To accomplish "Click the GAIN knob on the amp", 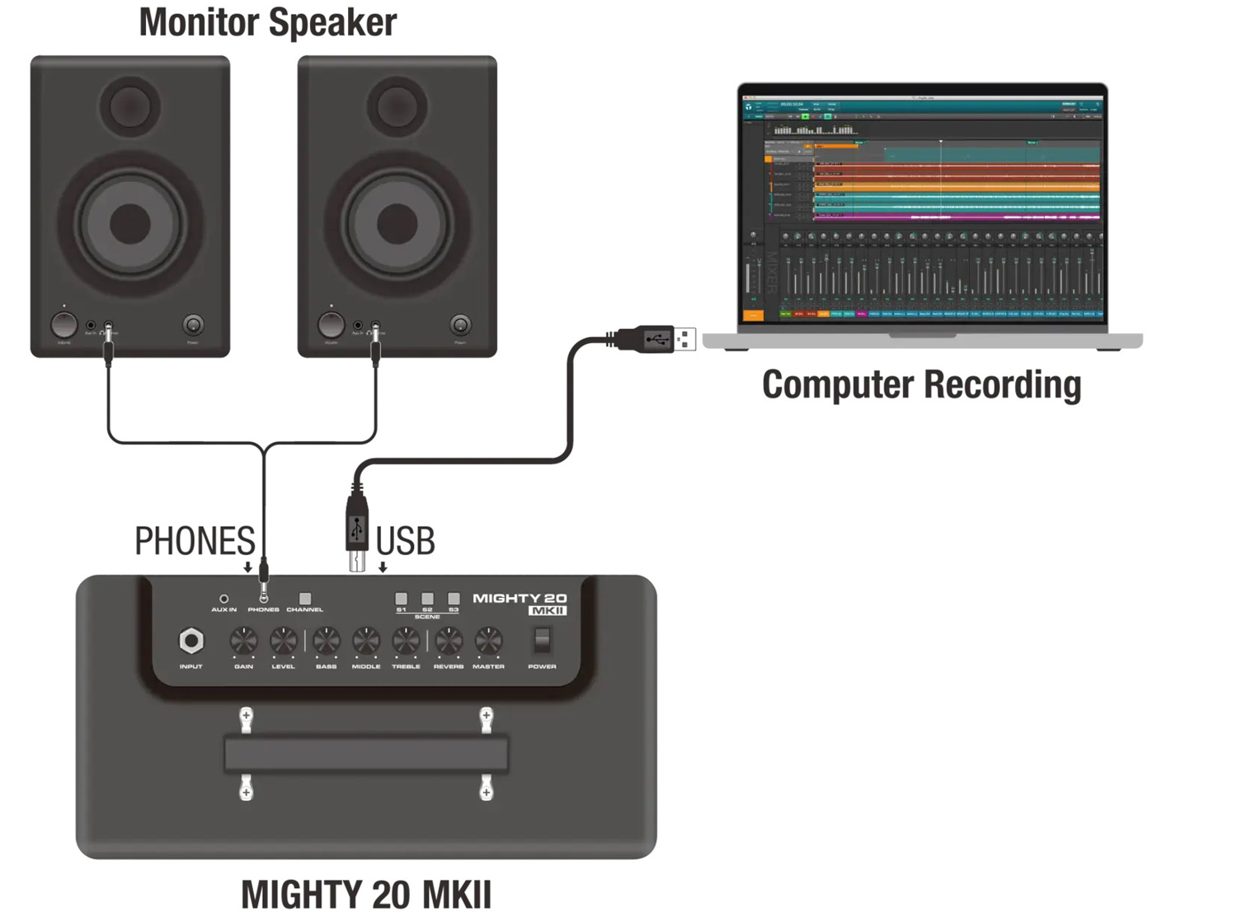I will (x=243, y=641).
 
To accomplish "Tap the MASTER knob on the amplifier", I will (x=488, y=641).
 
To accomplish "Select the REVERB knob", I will (x=448, y=641).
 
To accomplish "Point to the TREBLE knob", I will (x=406, y=641).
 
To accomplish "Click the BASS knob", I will (x=326, y=641).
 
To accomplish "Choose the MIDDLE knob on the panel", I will (x=366, y=641).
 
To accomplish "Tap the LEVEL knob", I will (x=283, y=641).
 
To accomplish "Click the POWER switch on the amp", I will (x=542, y=640).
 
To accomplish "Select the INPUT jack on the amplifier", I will (x=190, y=641).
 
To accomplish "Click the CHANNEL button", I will (x=305, y=599).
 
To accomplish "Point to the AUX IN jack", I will (x=223, y=599).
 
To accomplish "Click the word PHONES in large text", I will (x=195, y=542).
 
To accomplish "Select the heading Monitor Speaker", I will (x=268, y=22).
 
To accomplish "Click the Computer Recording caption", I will (x=921, y=384).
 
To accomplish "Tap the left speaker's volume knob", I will (x=64, y=325).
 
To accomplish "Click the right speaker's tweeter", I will (x=397, y=106).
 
